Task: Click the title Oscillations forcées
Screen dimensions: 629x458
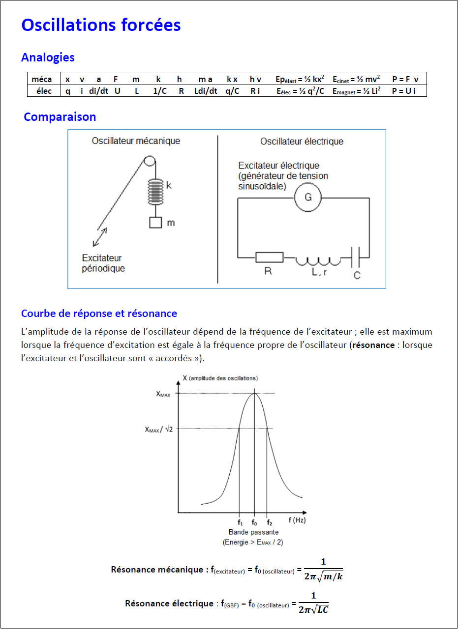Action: (101, 25)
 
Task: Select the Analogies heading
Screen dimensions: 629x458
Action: (48, 57)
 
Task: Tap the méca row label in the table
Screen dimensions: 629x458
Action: (41, 79)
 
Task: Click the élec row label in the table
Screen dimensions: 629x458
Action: (44, 91)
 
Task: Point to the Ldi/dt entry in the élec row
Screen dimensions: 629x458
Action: (206, 91)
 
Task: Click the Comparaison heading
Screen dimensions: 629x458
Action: (60, 117)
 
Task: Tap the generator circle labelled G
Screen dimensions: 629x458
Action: (308, 198)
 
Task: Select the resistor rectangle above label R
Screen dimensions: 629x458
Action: (269, 257)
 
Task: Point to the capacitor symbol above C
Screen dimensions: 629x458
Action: (358, 257)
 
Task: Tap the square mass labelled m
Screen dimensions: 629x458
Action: (156, 223)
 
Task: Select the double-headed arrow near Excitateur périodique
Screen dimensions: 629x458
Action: (99, 237)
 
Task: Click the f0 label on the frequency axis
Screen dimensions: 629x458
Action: (254, 523)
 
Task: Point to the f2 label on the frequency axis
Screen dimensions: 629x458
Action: (269, 523)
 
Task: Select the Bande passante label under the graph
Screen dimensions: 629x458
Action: (253, 532)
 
